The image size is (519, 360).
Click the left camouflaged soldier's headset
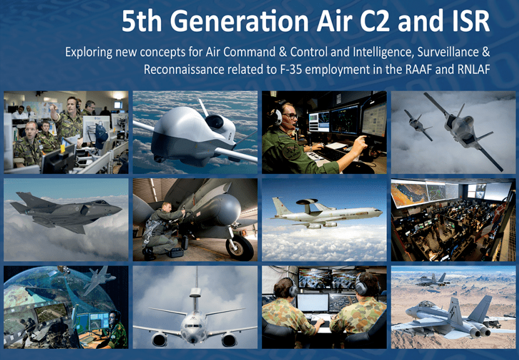(x=292, y=289)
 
